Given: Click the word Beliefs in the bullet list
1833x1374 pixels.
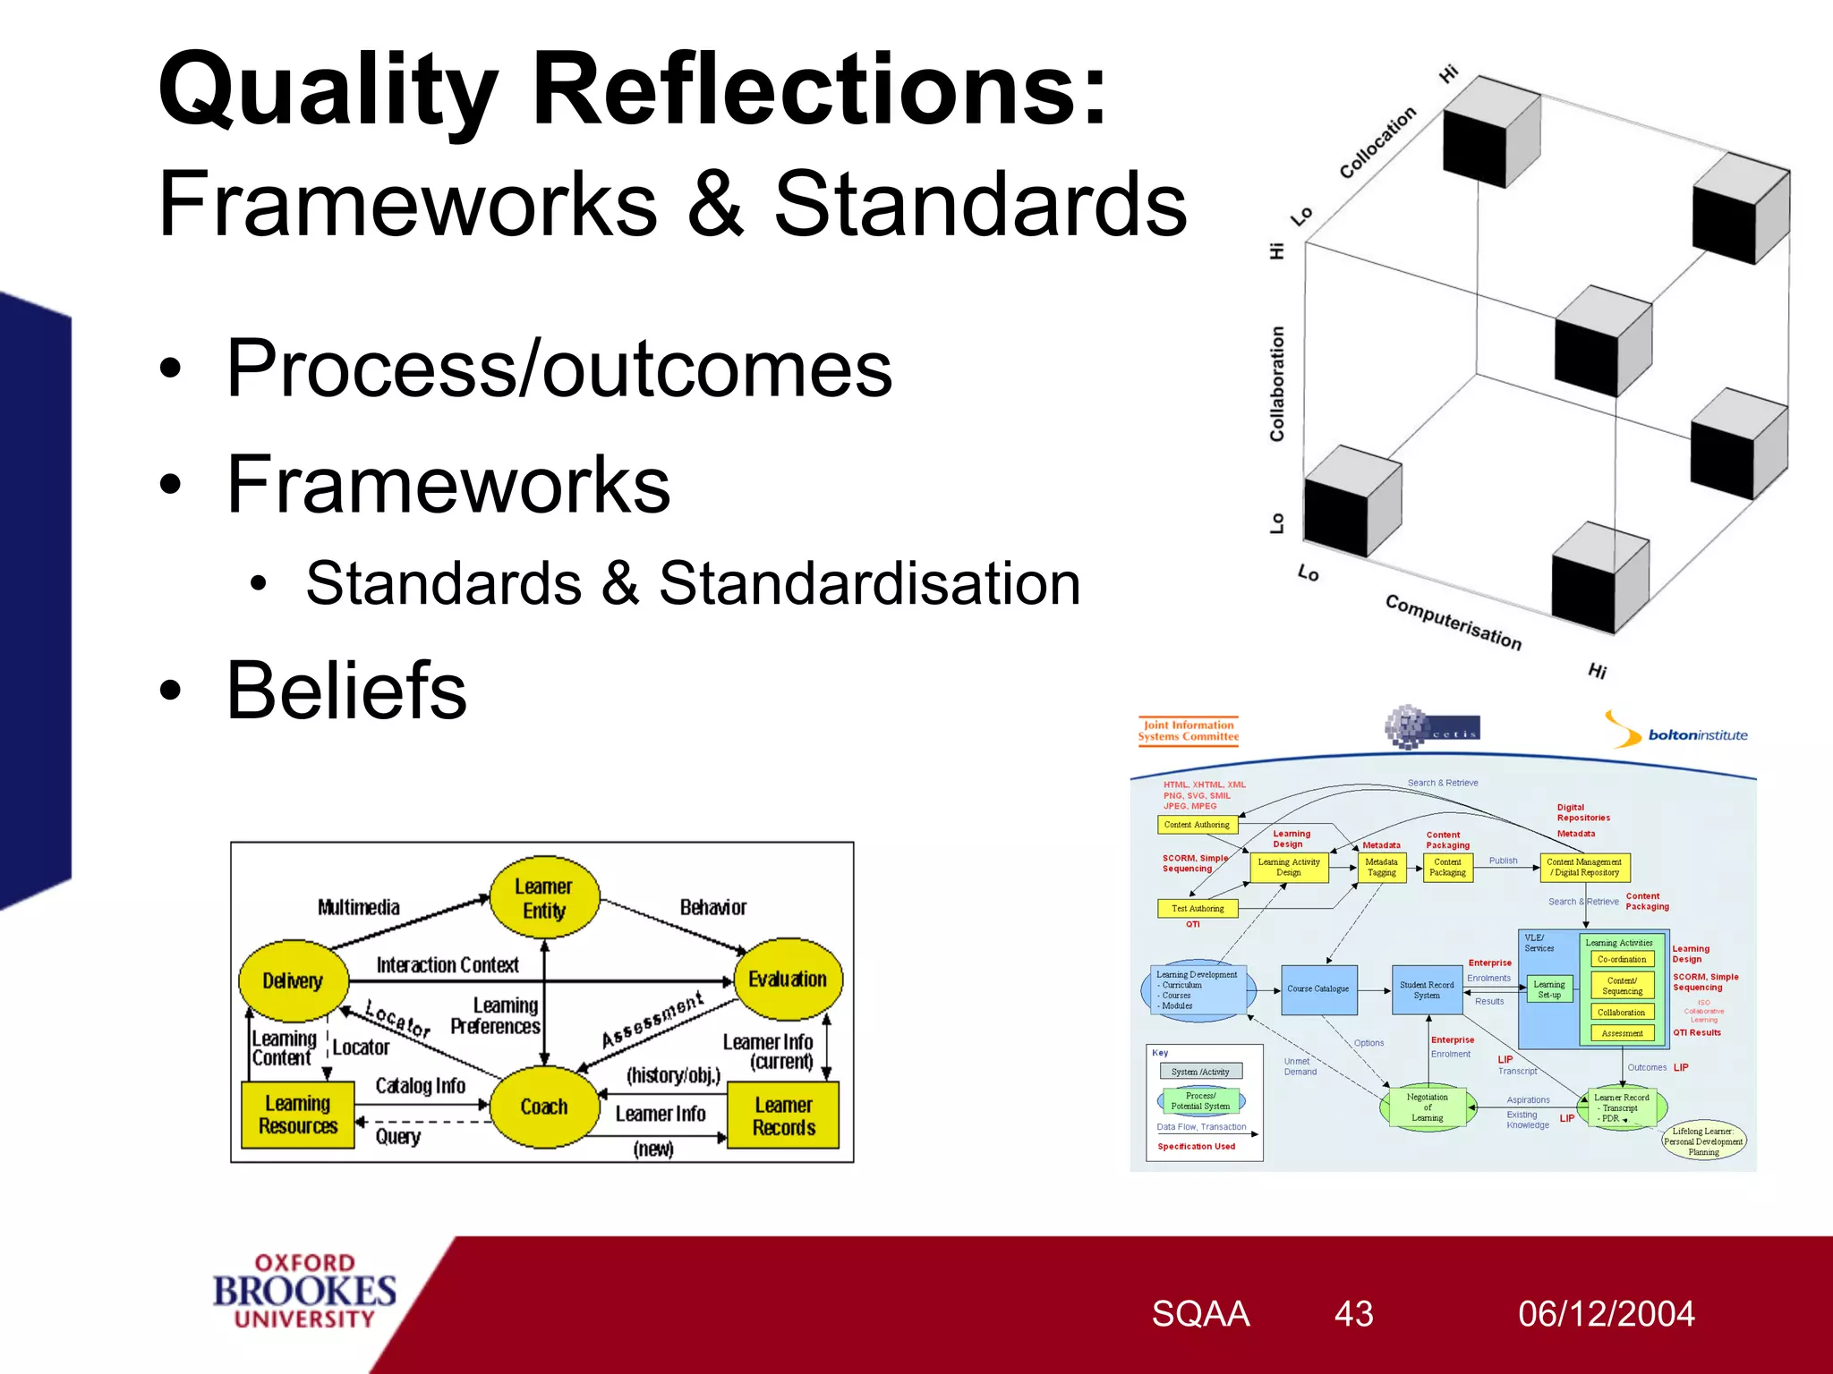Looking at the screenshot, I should click(346, 691).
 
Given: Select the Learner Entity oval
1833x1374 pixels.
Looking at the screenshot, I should click(544, 898).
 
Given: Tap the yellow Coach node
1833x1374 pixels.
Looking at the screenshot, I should click(544, 1107).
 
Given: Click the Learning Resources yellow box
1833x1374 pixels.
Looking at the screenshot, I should click(298, 1115).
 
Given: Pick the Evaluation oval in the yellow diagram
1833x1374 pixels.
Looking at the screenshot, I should click(788, 980).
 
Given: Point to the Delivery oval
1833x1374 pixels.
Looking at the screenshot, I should click(293, 981).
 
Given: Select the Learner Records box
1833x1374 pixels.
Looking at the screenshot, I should click(783, 1115).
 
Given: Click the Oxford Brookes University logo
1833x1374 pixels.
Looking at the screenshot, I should click(304, 1291).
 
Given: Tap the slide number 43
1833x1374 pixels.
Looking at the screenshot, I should click(1353, 1314).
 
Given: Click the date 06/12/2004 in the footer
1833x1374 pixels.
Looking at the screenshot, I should click(1606, 1314).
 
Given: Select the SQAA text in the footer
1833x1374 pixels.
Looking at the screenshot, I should click(1199, 1314).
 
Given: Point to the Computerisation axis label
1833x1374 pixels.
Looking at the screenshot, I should click(1453, 622).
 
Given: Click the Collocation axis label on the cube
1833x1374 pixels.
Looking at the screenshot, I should click(1377, 142).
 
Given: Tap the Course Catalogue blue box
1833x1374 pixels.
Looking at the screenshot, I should click(1318, 989).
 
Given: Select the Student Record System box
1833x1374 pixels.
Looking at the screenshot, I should click(1427, 989).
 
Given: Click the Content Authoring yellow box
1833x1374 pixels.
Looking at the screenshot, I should click(1197, 825).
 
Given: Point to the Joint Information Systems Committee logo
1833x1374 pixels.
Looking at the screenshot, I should click(1188, 731).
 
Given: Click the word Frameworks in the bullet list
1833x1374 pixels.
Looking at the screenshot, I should click(448, 485).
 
